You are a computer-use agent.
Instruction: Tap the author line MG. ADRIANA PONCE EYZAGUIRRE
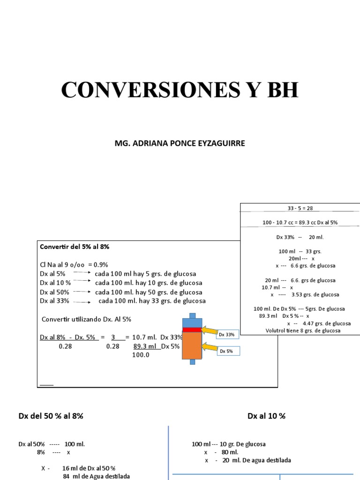click(x=180, y=143)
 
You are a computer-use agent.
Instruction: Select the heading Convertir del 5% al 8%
click(x=75, y=247)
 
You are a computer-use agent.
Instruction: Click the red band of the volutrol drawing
click(x=192, y=330)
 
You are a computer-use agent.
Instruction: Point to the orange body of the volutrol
click(x=192, y=346)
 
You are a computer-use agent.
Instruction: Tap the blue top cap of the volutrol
click(x=192, y=322)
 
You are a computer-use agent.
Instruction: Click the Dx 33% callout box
click(x=227, y=334)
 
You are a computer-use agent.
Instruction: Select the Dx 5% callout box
click(x=227, y=351)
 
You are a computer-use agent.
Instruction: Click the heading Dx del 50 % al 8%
click(x=51, y=416)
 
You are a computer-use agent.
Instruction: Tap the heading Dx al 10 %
click(x=266, y=416)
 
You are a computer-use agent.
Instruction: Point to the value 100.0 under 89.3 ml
click(x=140, y=355)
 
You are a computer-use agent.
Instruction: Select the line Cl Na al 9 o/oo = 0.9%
click(x=74, y=265)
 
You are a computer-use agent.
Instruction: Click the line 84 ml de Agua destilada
click(x=96, y=476)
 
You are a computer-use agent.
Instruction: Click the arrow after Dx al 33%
click(x=82, y=301)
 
